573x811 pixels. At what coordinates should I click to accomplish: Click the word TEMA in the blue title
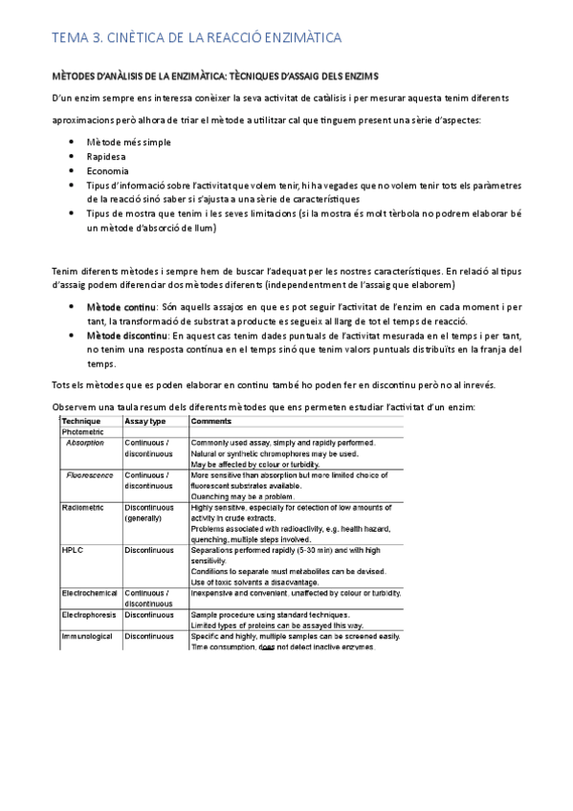[68, 37]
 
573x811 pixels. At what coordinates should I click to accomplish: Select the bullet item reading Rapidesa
[106, 156]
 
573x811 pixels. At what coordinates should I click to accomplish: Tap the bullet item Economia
[107, 170]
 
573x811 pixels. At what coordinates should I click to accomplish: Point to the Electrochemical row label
[90, 594]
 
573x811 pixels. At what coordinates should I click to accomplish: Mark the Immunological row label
[88, 636]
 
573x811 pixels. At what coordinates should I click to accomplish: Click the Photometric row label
[84, 432]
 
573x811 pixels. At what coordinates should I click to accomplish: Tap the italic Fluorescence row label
[92, 475]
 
